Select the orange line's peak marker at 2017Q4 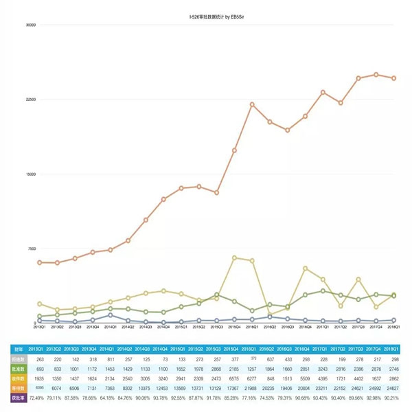pyautogui.click(x=376, y=74)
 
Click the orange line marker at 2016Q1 pyautogui.click(x=252, y=104)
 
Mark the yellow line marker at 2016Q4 pyautogui.click(x=305, y=268)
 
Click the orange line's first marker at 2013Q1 pyautogui.click(x=40, y=262)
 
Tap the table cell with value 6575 pyautogui.click(x=235, y=378)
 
